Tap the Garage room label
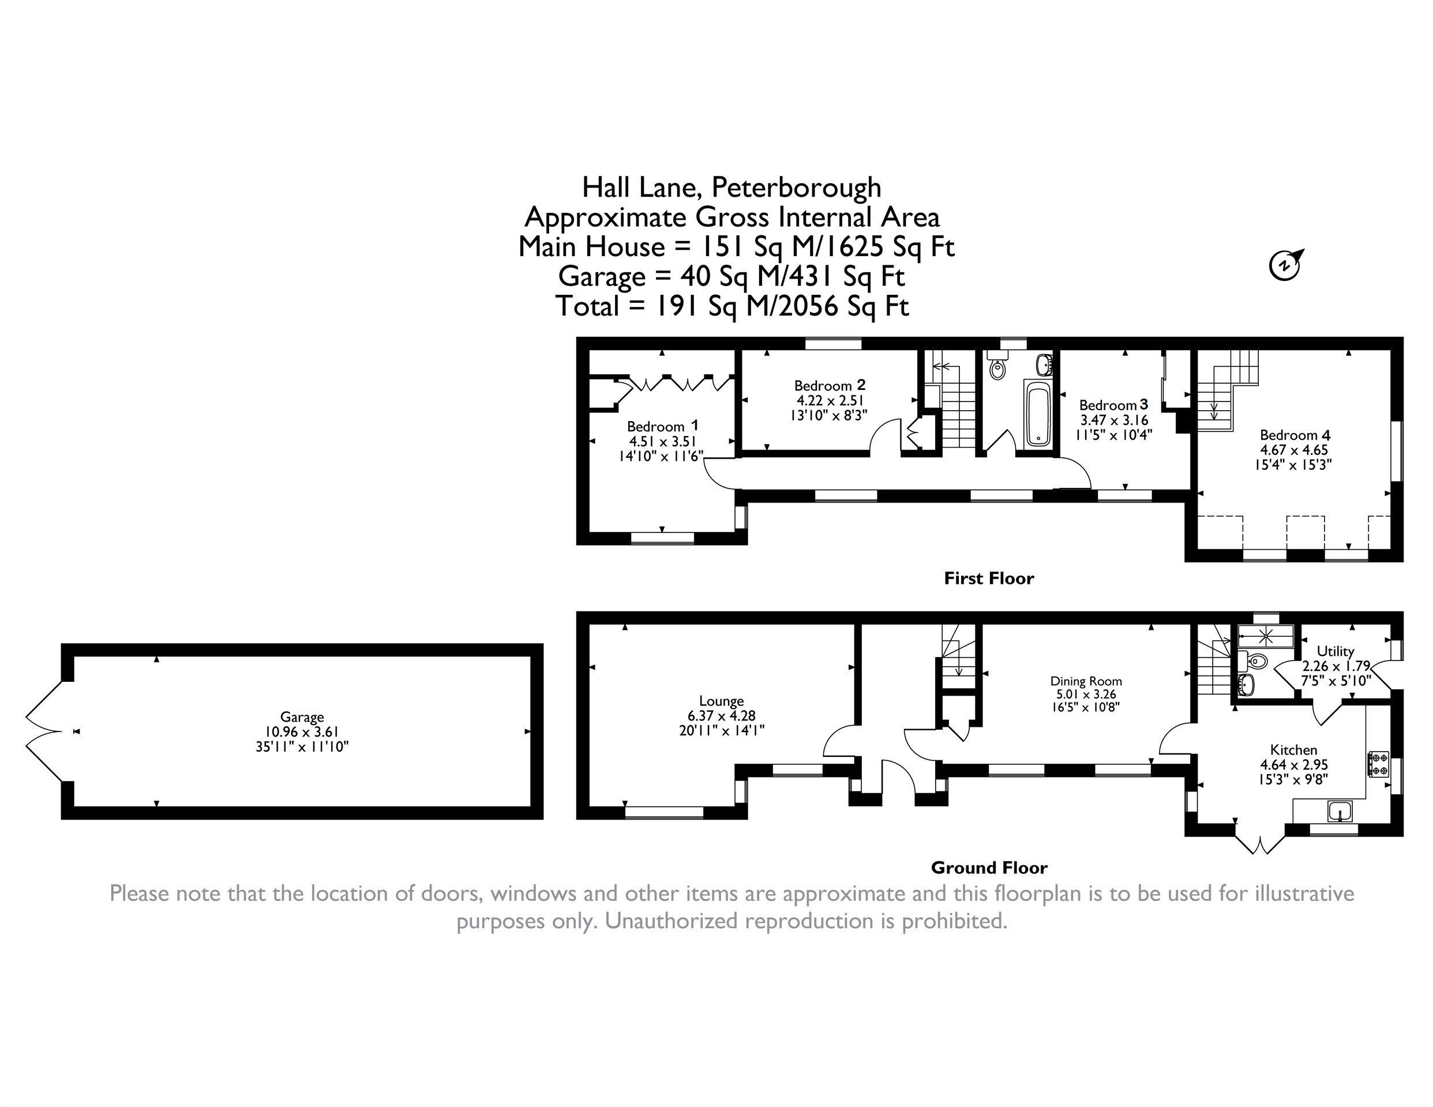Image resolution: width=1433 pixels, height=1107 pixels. click(x=302, y=717)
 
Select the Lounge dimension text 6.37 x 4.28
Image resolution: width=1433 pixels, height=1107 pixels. click(x=722, y=716)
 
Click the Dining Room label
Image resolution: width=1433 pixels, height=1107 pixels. click(x=1086, y=681)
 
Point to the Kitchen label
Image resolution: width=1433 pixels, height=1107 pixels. click(x=1293, y=749)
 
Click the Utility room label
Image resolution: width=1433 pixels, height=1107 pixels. click(x=1336, y=651)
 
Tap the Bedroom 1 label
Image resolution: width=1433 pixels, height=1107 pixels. click(x=663, y=426)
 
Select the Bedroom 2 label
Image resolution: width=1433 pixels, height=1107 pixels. click(x=830, y=385)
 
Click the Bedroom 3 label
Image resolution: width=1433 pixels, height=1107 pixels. click(x=1113, y=405)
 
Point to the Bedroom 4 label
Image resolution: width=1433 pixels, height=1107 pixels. click(x=1295, y=435)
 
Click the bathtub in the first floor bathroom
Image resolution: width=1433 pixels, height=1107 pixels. click(x=1037, y=416)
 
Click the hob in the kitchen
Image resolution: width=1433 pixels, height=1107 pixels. click(x=1378, y=764)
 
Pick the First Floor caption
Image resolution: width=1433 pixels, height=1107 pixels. click(x=989, y=578)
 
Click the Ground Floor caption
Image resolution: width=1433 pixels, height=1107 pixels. click(x=989, y=868)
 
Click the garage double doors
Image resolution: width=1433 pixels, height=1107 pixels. click(x=44, y=731)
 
